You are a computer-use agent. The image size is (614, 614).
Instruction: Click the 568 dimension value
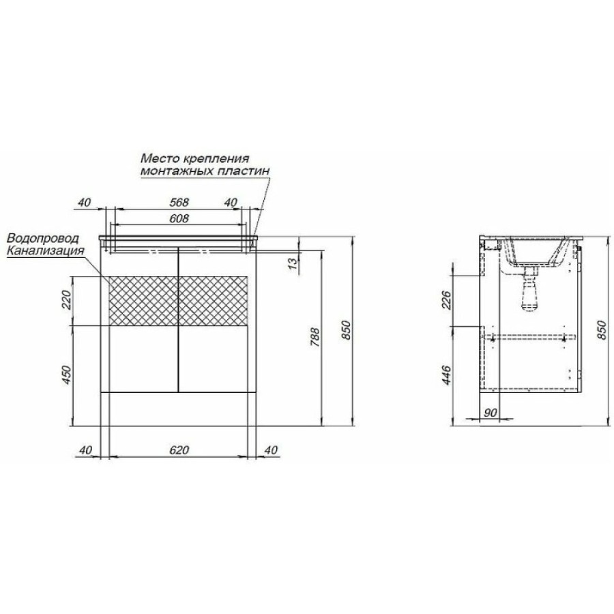pyautogui.click(x=179, y=202)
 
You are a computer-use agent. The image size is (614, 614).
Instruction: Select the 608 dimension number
pyautogui.click(x=179, y=218)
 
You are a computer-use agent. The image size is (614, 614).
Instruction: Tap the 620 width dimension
pyautogui.click(x=179, y=450)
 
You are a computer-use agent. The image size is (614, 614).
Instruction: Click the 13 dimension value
pyautogui.click(x=293, y=266)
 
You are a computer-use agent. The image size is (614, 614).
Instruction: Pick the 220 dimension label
pyautogui.click(x=67, y=300)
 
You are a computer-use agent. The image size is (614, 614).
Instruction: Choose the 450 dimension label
pyautogui.click(x=67, y=375)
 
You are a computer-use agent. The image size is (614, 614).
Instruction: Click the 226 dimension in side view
pyautogui.click(x=446, y=300)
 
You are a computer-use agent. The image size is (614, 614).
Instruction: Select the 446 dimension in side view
pyautogui.click(x=446, y=375)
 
